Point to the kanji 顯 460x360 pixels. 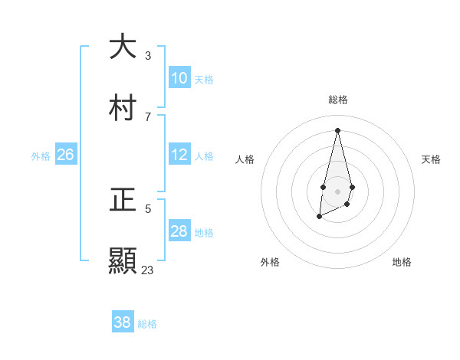(123, 260)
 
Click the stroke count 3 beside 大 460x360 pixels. (148, 56)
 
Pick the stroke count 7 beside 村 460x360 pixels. (148, 116)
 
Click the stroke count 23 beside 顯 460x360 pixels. (148, 270)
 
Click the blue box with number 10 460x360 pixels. (179, 78)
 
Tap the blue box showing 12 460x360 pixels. (179, 155)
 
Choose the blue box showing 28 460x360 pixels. (179, 231)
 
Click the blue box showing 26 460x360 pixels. (65, 155)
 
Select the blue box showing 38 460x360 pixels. (123, 322)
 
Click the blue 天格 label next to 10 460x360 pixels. (204, 80)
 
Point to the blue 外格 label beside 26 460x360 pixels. (41, 156)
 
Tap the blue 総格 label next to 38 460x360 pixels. (147, 324)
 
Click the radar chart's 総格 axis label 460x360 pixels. (338, 100)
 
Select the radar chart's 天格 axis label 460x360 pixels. (431, 159)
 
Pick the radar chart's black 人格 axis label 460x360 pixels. (245, 159)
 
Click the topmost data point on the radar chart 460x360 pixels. (337, 130)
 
